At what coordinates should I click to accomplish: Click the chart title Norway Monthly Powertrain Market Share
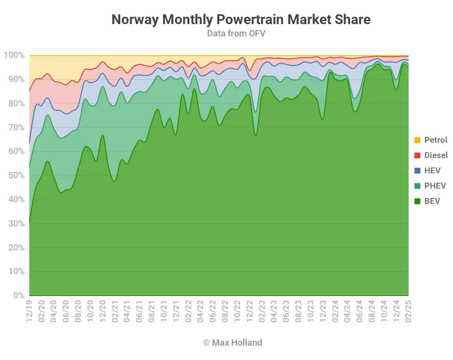pyautogui.click(x=241, y=20)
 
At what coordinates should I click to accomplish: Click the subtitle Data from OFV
pyautogui.click(x=237, y=33)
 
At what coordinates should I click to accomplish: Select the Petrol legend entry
pyautogui.click(x=436, y=140)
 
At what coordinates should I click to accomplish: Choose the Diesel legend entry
pyautogui.click(x=436, y=156)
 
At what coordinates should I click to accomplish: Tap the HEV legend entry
pyautogui.click(x=432, y=171)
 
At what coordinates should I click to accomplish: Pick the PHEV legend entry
pyautogui.click(x=435, y=186)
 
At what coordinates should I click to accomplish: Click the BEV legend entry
pyautogui.click(x=432, y=201)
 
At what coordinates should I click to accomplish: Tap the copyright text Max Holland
pyautogui.click(x=233, y=342)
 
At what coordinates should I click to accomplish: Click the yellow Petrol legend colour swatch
pyautogui.click(x=417, y=140)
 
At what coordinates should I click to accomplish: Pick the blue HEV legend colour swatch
pyautogui.click(x=417, y=171)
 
